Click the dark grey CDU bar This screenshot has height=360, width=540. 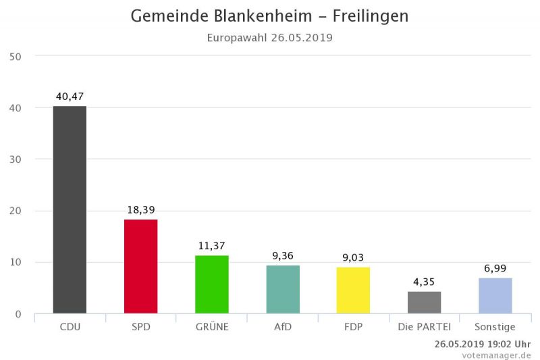click(70, 209)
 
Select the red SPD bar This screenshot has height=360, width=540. click(141, 266)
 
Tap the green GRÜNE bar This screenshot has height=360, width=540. click(212, 284)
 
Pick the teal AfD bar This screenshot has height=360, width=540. click(283, 289)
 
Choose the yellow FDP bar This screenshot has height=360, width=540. click(354, 290)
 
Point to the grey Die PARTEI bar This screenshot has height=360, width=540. click(425, 303)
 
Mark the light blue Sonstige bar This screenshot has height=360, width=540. click(495, 296)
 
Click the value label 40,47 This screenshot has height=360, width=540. click(70, 97)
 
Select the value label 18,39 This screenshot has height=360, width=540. click(141, 210)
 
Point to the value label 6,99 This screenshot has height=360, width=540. click(495, 269)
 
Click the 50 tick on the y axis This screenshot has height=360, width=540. click(16, 56)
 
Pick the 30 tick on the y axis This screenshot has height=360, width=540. click(16, 159)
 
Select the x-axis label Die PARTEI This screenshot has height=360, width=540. click(425, 328)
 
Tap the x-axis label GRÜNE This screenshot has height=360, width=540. click(212, 328)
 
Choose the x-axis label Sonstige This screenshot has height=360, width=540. click(495, 328)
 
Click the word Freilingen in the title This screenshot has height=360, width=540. click(371, 16)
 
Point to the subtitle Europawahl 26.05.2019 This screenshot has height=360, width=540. click(270, 38)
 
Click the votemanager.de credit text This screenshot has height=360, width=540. click(496, 355)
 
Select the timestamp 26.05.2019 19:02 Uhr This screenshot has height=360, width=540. click(483, 344)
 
